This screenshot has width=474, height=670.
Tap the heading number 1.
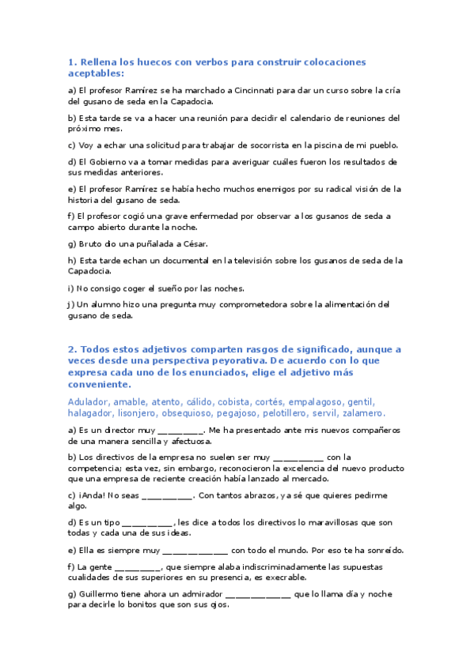coord(71,62)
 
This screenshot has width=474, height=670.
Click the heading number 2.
coord(71,348)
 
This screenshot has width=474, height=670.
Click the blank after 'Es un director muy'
coord(181,431)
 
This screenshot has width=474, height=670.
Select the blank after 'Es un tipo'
coord(148,523)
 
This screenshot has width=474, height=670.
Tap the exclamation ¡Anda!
coord(93,495)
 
